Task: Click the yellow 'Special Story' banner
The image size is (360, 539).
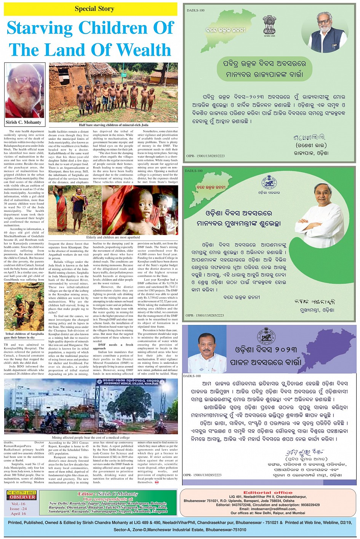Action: click(91, 9)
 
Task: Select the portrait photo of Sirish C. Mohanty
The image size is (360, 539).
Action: click(24, 91)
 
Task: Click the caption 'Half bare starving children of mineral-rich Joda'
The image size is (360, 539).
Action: click(113, 125)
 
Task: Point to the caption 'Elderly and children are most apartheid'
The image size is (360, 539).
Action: click(113, 237)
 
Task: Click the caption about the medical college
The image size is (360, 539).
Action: click(91, 438)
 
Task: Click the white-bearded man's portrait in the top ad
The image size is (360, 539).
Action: click(324, 32)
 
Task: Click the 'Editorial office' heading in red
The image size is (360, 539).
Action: click(268, 493)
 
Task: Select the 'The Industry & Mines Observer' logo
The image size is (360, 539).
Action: click(21, 495)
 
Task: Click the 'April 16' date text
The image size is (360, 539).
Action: click(18, 513)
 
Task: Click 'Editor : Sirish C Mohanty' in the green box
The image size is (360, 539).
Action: click(108, 494)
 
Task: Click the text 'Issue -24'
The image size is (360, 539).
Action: click(18, 509)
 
